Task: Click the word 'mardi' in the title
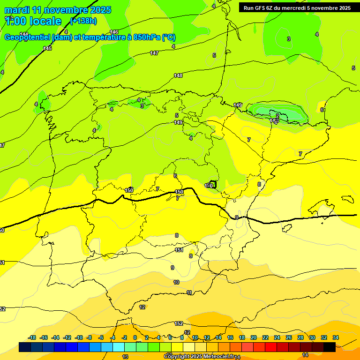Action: [x=18, y=10]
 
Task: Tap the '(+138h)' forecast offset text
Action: [x=83, y=21]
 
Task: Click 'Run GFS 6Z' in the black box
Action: [x=260, y=8]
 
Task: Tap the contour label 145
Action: [x=47, y=48]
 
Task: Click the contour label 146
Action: [x=114, y=32]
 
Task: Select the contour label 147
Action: [x=154, y=53]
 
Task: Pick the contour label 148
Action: [x=178, y=75]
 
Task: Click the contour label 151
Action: [x=179, y=250]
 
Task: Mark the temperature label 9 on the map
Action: [x=172, y=268]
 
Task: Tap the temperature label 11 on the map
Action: [x=189, y=292]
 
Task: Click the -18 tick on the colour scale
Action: [x=32, y=337]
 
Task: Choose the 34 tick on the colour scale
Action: [x=335, y=337]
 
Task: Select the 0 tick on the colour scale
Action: [x=135, y=337]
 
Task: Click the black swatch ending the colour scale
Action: [x=330, y=347]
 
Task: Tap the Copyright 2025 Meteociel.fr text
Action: [x=199, y=357]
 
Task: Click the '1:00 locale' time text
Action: [x=33, y=21]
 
